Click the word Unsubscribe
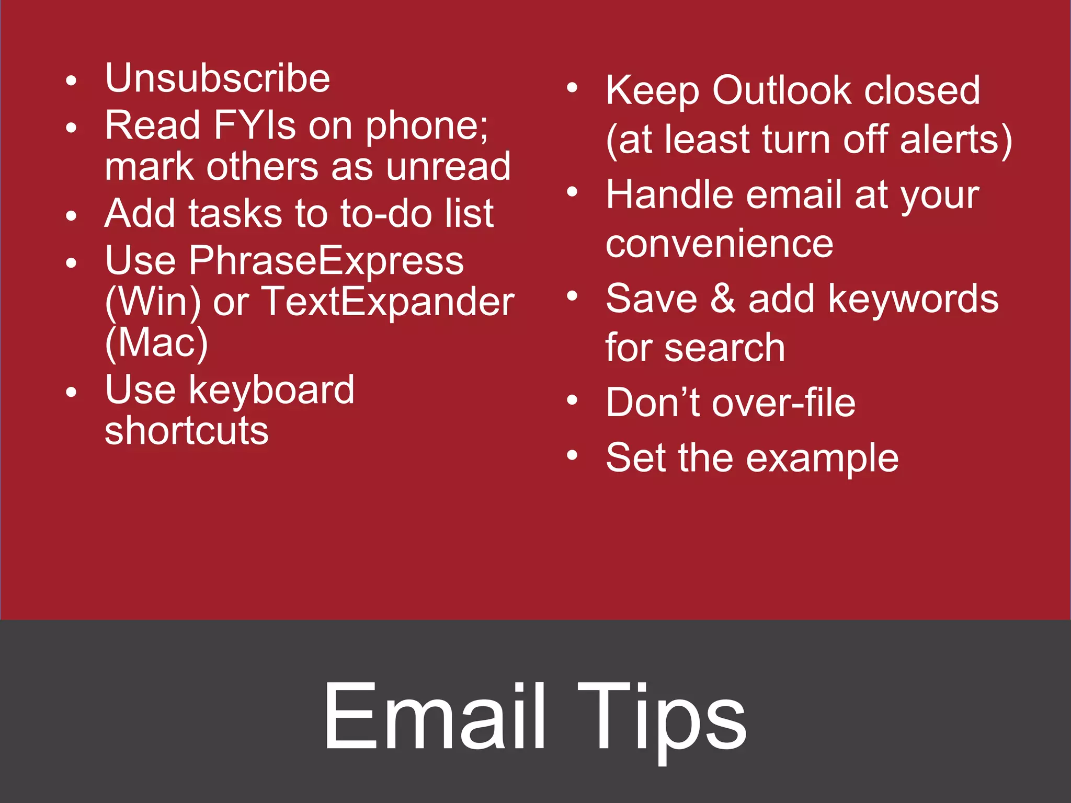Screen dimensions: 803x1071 tap(218, 78)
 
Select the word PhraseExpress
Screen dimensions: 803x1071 tap(326, 260)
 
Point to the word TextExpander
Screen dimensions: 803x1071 tap(388, 302)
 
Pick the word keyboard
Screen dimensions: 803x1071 tap(271, 390)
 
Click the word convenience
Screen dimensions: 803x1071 tap(720, 244)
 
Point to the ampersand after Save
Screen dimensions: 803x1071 tap(723, 299)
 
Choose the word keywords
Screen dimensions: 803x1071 tap(873, 299)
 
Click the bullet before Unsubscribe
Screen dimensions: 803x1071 tap(72, 81)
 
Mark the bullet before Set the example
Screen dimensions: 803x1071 tap(573, 455)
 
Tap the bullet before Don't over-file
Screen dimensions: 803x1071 tap(573, 400)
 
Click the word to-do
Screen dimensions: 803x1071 tap(388, 214)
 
